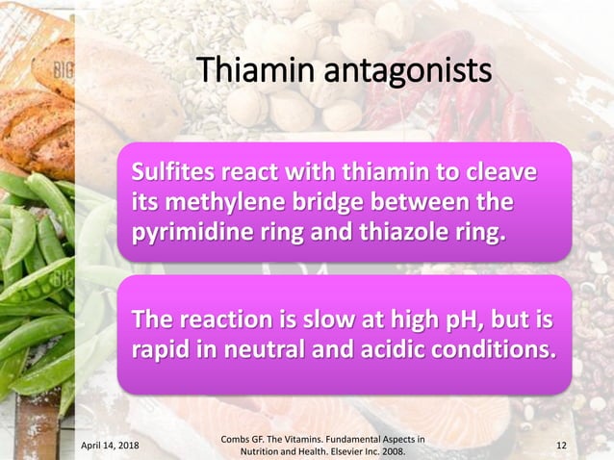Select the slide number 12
coord(563,446)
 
